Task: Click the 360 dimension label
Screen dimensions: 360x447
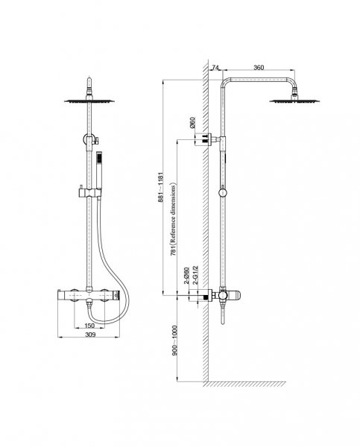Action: (x=259, y=68)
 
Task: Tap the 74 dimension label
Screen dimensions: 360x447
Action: (x=215, y=68)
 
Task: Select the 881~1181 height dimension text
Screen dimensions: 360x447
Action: (x=161, y=187)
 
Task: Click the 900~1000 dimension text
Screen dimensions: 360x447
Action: (x=174, y=340)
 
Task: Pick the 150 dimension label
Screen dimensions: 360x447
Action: (x=89, y=326)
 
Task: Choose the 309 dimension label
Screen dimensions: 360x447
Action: (x=90, y=335)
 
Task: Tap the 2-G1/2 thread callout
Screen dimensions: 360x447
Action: (x=195, y=275)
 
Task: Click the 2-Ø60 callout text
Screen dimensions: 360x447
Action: (x=186, y=276)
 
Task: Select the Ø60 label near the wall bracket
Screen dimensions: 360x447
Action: (x=192, y=122)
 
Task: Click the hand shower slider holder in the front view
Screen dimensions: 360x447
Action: (x=89, y=193)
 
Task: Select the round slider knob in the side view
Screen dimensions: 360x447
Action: (x=223, y=193)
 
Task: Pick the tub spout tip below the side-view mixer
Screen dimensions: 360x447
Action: (x=223, y=322)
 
